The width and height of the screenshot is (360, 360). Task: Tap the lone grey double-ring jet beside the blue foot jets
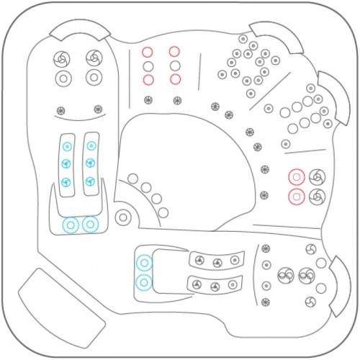click(122, 216)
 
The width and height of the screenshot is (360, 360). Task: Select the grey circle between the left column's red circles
click(148, 66)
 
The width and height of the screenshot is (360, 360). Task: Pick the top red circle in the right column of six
click(174, 52)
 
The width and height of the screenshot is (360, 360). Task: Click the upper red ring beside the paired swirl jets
click(296, 176)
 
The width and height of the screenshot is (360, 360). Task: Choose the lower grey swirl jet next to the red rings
click(316, 196)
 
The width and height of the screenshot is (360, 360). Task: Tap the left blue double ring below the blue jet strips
click(71, 225)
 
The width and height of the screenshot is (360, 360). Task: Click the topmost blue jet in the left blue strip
click(66, 145)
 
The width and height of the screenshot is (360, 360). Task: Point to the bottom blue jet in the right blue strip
click(91, 181)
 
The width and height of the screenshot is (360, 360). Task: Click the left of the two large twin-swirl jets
click(285, 274)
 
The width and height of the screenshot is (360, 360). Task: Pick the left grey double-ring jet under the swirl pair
click(63, 77)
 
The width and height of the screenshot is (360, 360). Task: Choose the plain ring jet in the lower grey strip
click(232, 285)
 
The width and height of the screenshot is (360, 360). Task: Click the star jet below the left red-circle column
click(148, 98)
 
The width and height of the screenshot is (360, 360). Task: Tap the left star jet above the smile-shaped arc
click(60, 110)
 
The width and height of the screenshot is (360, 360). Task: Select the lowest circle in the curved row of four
click(163, 212)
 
